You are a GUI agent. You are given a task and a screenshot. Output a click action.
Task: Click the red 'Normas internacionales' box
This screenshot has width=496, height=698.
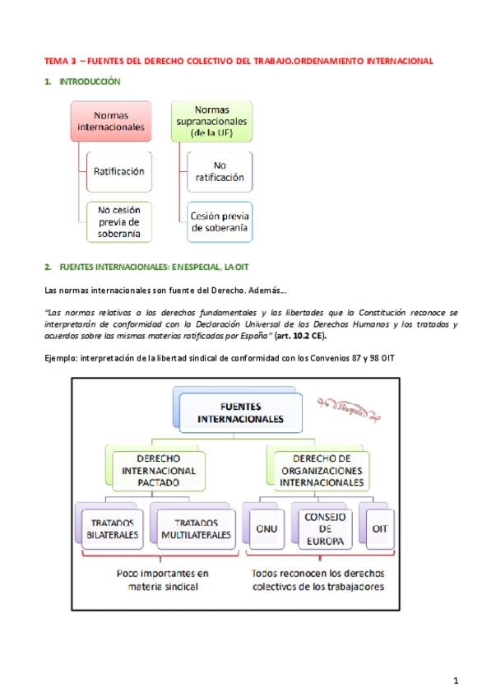coord(111,122)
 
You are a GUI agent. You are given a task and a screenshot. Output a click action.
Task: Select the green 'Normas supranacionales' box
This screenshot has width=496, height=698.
coord(211,122)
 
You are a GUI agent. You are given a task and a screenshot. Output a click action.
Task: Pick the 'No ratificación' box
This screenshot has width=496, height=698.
coord(219,171)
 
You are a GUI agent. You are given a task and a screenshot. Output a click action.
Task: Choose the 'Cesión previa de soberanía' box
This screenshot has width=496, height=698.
coord(219,221)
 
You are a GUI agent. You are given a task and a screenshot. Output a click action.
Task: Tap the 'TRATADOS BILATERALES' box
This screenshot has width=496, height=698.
coord(114,528)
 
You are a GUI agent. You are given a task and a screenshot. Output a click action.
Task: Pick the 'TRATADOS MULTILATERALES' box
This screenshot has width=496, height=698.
coord(196,528)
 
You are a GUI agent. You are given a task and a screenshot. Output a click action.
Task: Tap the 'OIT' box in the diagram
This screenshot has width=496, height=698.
coord(379,528)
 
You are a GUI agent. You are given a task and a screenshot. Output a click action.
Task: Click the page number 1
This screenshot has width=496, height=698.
coord(456,679)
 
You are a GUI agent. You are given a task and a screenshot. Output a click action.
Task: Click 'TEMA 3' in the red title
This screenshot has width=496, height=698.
coord(59,61)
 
